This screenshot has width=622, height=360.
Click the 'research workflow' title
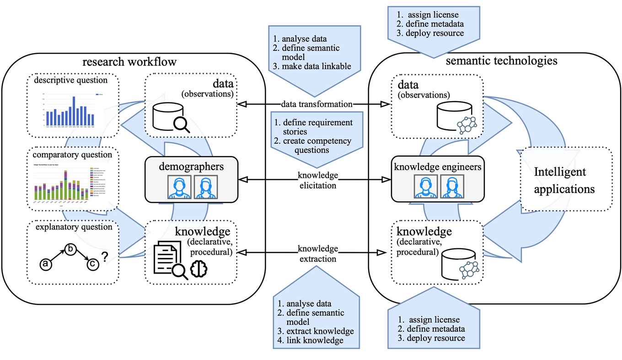[x=129, y=62]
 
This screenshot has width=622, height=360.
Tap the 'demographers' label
[x=192, y=166]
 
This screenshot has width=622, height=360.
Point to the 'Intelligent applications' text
[x=566, y=181]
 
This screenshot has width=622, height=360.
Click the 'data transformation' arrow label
[x=316, y=104]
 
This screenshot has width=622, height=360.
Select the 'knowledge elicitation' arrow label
[x=317, y=180]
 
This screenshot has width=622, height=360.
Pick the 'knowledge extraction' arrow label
[x=318, y=253]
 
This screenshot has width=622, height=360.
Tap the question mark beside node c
[x=105, y=258]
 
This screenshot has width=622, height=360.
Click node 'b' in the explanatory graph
[x=70, y=249]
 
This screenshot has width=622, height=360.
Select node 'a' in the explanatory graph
[x=45, y=263]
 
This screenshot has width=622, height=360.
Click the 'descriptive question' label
[x=74, y=81]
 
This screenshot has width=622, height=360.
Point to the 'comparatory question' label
[x=73, y=155]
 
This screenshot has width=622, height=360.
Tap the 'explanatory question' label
[x=74, y=227]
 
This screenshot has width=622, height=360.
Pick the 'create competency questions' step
[x=316, y=145]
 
